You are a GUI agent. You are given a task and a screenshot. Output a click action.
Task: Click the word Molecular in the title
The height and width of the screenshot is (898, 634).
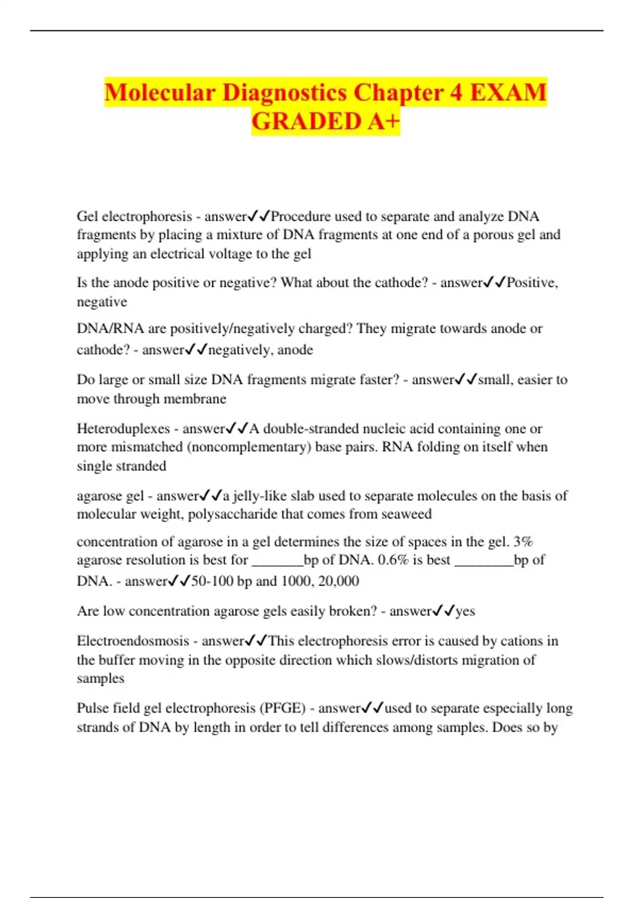pos(160,92)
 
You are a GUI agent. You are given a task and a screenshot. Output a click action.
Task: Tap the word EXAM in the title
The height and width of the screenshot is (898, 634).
pos(508,92)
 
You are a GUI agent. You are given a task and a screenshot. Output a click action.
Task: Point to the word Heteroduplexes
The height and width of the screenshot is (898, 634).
pos(123,428)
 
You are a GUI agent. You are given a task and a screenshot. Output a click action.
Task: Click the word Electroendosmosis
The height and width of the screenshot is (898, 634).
pos(133,641)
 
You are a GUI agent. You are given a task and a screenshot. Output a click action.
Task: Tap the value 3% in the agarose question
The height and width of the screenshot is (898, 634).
pos(523,541)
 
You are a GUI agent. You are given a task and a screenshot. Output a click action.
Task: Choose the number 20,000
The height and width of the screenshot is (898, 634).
pos(339,581)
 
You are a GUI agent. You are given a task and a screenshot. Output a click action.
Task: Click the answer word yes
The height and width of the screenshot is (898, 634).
pos(465,611)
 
